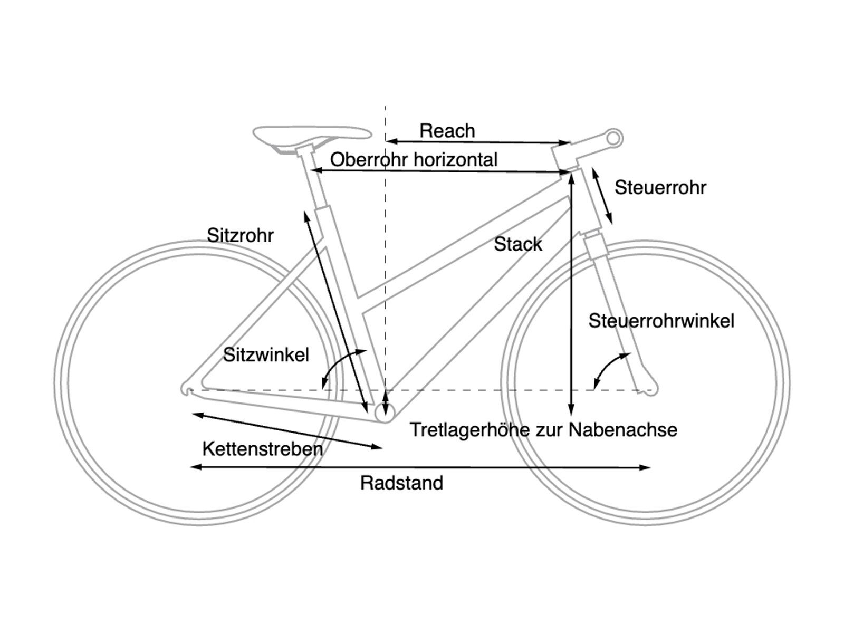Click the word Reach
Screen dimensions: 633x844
447,131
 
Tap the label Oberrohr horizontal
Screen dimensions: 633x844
414,159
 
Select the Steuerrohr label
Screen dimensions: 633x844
660,188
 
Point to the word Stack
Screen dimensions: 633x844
517,244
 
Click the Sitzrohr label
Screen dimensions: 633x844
240,235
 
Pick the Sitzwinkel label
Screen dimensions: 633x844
266,355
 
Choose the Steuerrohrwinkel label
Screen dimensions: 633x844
661,321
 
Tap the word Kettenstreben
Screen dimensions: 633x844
262,449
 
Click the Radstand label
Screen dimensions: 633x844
401,483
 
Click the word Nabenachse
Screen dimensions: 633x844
622,430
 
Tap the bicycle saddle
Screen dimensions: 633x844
312,134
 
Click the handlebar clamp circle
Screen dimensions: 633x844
614,139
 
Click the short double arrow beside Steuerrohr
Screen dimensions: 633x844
602,195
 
